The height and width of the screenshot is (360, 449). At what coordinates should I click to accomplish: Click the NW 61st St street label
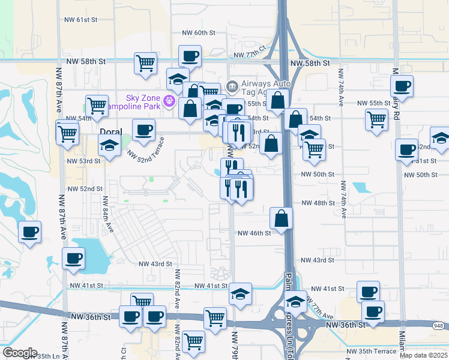click(x=80, y=20)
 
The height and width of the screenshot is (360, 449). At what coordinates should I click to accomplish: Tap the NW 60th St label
click(x=199, y=33)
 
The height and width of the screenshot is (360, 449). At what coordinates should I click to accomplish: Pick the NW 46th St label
click(x=255, y=233)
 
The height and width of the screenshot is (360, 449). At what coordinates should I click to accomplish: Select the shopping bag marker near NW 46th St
click(x=281, y=218)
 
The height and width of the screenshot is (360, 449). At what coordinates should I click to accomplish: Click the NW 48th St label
click(x=318, y=203)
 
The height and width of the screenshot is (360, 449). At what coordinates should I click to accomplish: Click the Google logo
click(x=20, y=353)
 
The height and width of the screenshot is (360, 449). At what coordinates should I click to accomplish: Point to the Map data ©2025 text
click(x=424, y=355)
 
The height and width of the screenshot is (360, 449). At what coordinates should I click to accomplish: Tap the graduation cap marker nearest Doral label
click(x=109, y=145)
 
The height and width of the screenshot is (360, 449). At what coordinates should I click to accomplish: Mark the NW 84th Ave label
click(x=108, y=215)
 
